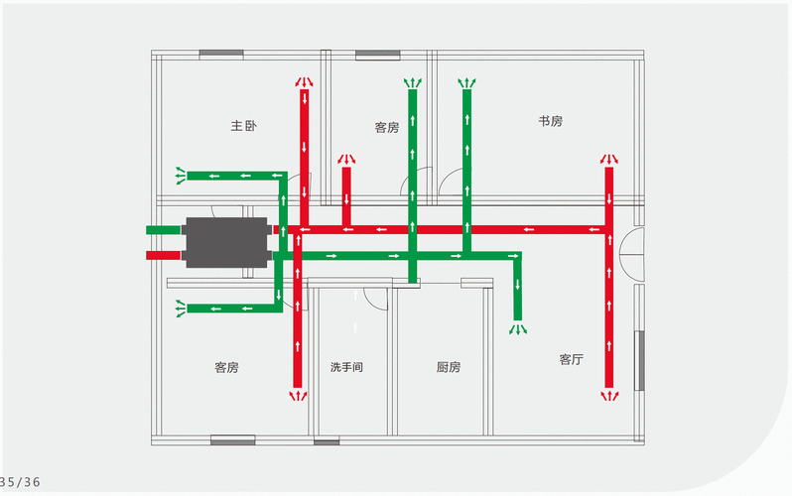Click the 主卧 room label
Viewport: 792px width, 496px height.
(x=243, y=125)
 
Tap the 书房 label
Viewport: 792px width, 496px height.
(x=550, y=121)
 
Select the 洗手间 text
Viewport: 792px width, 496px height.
(x=346, y=367)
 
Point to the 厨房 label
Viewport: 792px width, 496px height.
(x=448, y=367)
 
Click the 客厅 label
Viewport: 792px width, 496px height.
(x=572, y=359)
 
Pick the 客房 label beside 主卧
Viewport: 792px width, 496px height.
(x=387, y=128)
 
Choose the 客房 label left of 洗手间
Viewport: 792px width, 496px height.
(x=226, y=367)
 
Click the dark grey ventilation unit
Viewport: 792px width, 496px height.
(x=226, y=242)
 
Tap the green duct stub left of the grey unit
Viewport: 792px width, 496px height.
(x=163, y=230)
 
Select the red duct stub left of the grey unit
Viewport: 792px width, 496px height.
(x=163, y=256)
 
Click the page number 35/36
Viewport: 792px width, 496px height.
(x=20, y=482)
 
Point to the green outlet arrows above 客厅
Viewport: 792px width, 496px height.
(x=518, y=329)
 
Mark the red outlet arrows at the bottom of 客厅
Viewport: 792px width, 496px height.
(x=609, y=396)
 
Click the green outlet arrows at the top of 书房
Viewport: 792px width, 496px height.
(x=467, y=83)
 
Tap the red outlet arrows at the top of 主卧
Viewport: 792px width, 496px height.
(x=304, y=81)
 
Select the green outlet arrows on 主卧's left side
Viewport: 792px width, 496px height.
(x=181, y=176)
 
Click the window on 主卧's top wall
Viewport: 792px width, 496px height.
(x=221, y=54)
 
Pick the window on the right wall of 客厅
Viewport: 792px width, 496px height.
(x=639, y=361)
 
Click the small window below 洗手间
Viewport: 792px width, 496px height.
(x=327, y=442)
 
